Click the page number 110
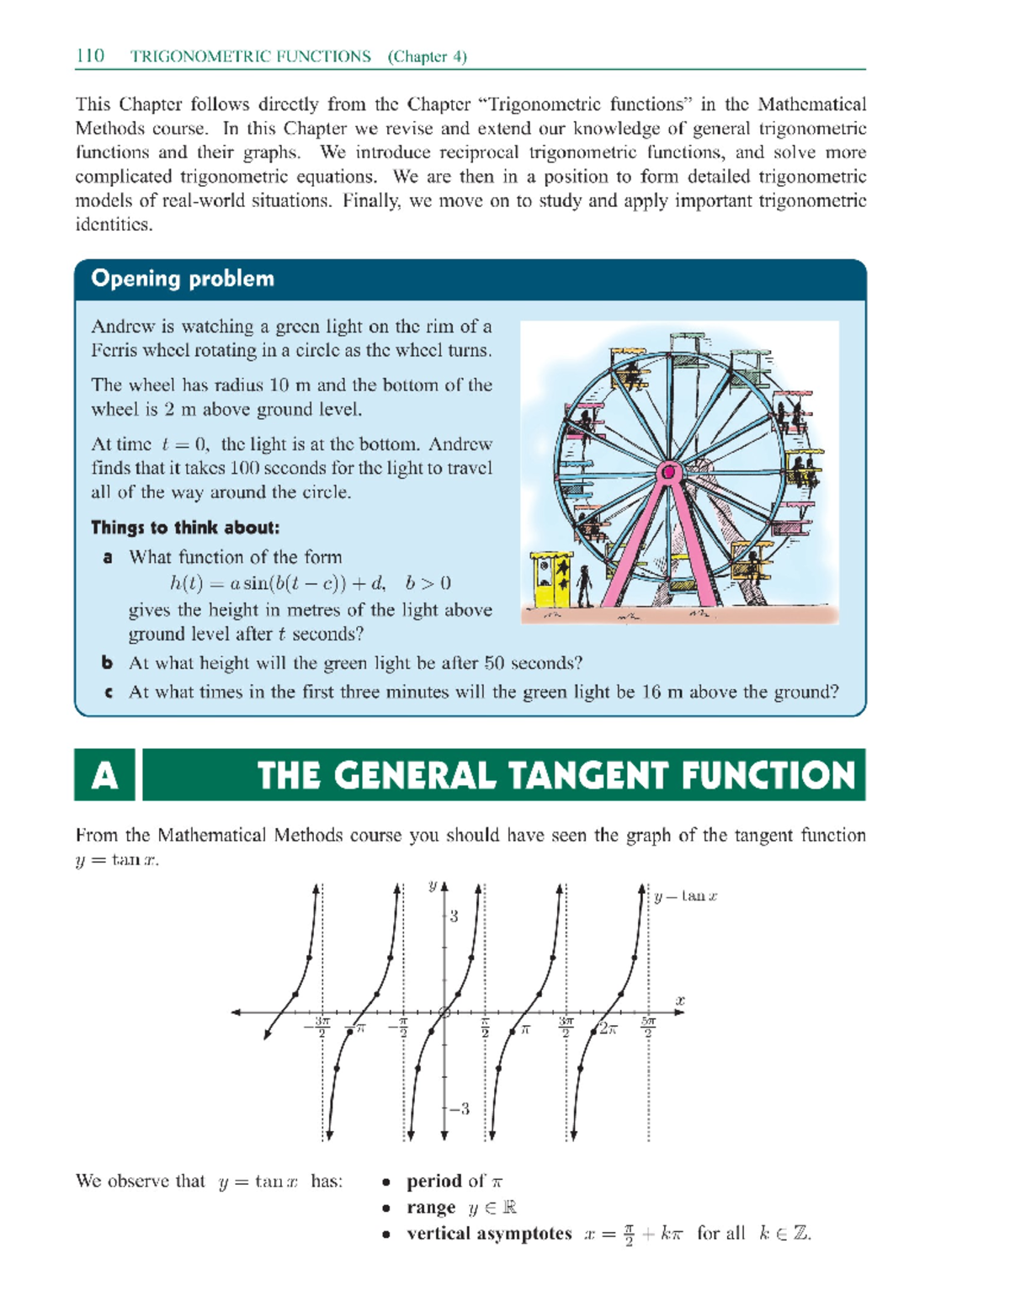point(90,56)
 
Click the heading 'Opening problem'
point(183,279)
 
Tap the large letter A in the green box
point(104,775)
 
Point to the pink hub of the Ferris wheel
point(670,472)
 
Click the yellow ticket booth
point(551,578)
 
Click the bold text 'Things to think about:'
point(185,528)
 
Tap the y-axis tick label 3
point(454,916)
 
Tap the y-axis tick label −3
point(460,1108)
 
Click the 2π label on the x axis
point(608,1029)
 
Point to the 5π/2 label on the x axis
point(648,1028)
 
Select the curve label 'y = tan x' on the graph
point(686,896)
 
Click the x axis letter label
point(680,1001)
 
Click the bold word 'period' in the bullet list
point(434,1181)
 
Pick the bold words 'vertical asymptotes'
point(489,1234)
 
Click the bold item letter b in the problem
point(108,663)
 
